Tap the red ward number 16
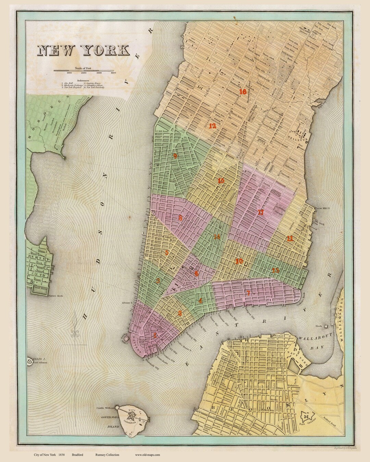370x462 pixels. [243, 92]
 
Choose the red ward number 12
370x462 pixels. [212, 125]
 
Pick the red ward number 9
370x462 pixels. [175, 156]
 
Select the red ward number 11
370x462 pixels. [290, 239]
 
